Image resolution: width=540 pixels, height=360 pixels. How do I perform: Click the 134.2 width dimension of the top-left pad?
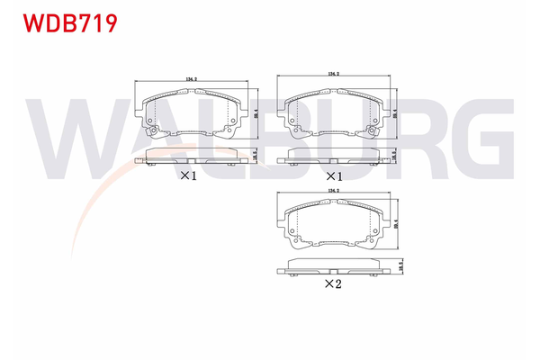(x=191, y=80)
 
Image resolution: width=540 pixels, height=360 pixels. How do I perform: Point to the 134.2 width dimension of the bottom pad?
(x=334, y=191)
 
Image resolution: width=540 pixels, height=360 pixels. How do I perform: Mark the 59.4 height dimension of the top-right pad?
(x=397, y=113)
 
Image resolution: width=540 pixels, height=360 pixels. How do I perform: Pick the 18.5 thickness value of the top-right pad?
(x=397, y=155)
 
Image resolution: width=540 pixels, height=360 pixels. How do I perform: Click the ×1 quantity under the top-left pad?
(x=188, y=175)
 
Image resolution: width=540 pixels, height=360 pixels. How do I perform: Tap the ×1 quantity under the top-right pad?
(x=334, y=175)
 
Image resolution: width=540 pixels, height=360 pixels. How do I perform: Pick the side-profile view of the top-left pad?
(x=190, y=160)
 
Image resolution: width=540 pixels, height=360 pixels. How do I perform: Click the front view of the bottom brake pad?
(x=334, y=226)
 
